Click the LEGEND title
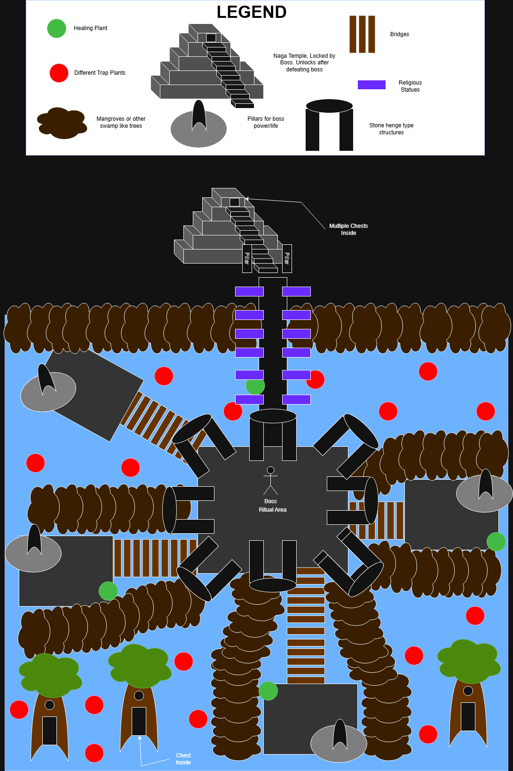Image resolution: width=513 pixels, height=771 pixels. click(252, 12)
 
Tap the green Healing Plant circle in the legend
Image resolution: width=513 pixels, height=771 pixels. click(56, 28)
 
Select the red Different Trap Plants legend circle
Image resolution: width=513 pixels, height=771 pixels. click(59, 73)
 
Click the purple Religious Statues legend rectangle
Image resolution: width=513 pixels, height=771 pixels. click(371, 85)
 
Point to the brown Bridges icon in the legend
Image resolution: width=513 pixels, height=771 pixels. click(362, 34)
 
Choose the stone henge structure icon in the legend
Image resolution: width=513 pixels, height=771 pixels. click(329, 125)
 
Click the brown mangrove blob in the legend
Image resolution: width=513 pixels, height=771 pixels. click(62, 123)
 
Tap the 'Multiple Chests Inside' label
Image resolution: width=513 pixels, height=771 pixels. click(348, 229)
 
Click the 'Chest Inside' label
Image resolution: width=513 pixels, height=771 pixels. click(183, 759)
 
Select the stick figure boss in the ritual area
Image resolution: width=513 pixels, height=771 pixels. click(270, 480)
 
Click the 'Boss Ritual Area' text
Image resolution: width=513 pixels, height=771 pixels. click(272, 506)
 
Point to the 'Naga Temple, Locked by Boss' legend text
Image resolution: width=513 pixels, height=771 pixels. click(304, 62)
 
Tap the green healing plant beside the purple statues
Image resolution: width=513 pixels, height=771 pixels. click(255, 386)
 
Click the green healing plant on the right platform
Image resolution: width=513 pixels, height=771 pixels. click(496, 541)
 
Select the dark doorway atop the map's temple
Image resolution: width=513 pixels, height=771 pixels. click(234, 202)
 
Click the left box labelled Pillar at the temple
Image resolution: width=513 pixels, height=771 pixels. click(247, 258)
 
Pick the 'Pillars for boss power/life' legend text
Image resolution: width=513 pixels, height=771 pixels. click(266, 122)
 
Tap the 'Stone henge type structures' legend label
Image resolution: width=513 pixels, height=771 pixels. click(391, 129)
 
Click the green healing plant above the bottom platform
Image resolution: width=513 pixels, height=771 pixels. click(268, 691)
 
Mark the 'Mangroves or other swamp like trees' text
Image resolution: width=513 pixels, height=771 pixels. click(121, 122)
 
